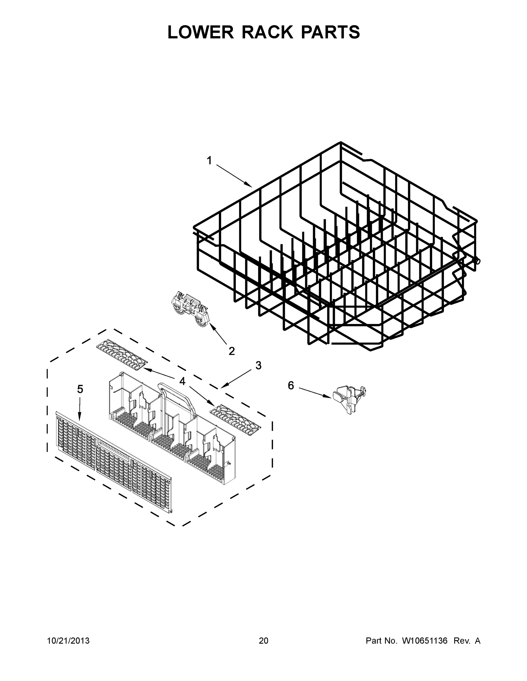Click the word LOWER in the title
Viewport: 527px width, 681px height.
pos(201,32)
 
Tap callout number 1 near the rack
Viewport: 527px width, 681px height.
pos(209,161)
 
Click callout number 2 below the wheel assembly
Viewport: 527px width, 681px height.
pos(232,351)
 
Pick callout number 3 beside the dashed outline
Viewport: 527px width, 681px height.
pos(258,365)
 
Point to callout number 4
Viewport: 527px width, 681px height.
pos(182,381)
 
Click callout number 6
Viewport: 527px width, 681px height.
pos(291,386)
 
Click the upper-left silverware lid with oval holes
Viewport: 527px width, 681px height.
pos(121,354)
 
